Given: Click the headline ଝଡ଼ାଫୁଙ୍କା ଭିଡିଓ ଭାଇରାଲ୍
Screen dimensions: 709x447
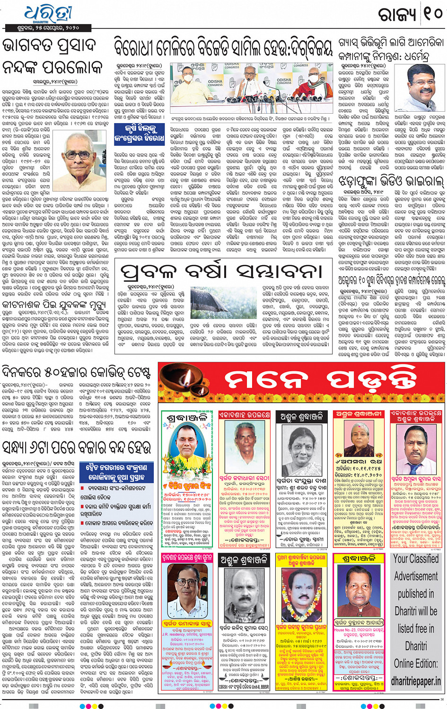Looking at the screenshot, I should coord(391,181).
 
